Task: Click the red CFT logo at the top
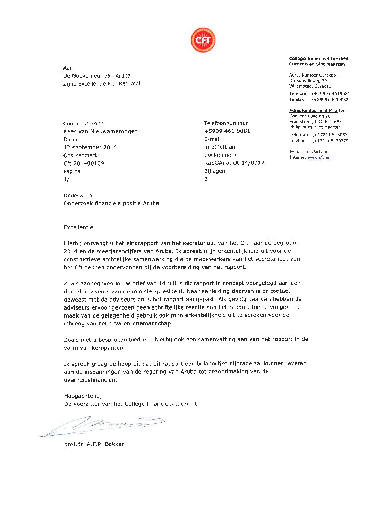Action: [x=203, y=40]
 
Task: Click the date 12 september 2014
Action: [x=90, y=148]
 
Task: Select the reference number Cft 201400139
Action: [x=84, y=163]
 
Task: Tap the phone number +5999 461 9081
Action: [x=227, y=131]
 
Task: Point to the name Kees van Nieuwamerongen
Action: [x=101, y=132]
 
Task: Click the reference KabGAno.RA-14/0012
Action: [x=234, y=163]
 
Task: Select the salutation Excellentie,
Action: [x=79, y=227]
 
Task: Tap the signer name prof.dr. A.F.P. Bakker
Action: [x=94, y=444]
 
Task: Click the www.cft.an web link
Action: [x=319, y=157]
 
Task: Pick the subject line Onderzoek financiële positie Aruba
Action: [x=111, y=203]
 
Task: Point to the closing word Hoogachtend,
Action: [x=83, y=396]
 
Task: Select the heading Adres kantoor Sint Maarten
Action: [x=317, y=111]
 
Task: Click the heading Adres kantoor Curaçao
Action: [x=312, y=75]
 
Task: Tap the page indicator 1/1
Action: [x=68, y=179]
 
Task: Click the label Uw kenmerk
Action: [x=220, y=155]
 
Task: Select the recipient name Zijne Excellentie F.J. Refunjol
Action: [x=102, y=84]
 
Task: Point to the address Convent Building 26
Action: [x=310, y=116]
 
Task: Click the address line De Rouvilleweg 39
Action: [x=308, y=81]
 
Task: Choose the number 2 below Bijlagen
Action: [x=206, y=179]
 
